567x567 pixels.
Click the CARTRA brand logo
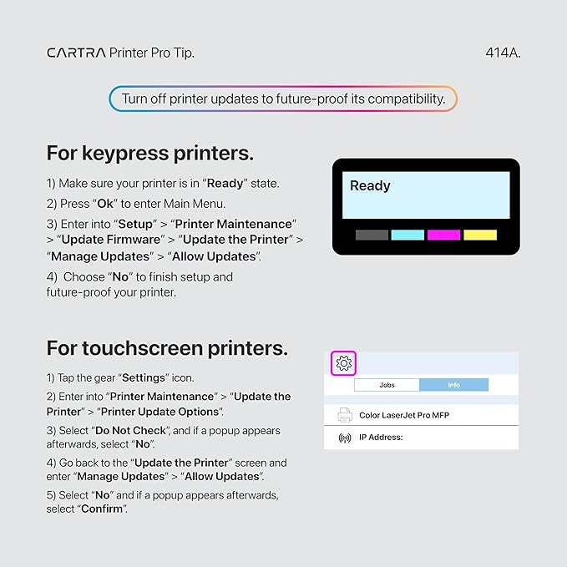coord(76,53)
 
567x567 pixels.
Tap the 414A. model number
coord(503,53)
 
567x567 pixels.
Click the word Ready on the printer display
coord(370,186)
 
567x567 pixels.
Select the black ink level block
coord(372,235)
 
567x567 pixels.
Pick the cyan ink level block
coord(408,235)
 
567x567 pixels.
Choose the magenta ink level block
coord(443,235)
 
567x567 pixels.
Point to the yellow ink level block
coord(480,235)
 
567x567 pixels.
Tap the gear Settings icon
coord(344,363)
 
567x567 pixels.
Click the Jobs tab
coord(387,385)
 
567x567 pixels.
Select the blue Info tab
coord(453,385)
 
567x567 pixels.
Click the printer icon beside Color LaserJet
coord(344,415)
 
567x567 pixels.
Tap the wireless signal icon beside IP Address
coord(344,438)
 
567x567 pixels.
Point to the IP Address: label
coord(382,438)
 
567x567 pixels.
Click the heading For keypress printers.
coord(150,154)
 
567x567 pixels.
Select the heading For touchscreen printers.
coord(167,347)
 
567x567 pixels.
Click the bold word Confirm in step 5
coord(102,509)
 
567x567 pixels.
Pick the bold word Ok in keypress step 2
coord(105,204)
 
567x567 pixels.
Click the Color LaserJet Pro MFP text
coord(404,415)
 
